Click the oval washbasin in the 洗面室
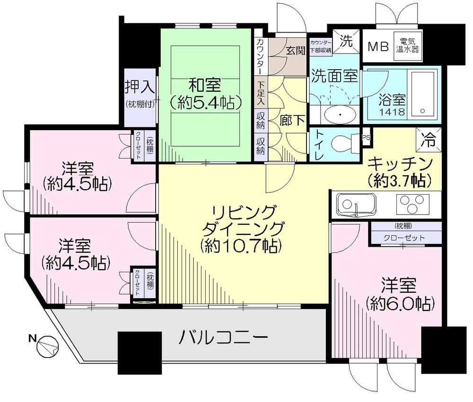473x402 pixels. (x=340, y=114)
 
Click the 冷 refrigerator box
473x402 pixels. (x=430, y=139)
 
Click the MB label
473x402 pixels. (x=378, y=46)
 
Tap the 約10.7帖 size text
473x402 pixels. (x=241, y=245)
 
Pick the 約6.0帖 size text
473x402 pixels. (x=400, y=302)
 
